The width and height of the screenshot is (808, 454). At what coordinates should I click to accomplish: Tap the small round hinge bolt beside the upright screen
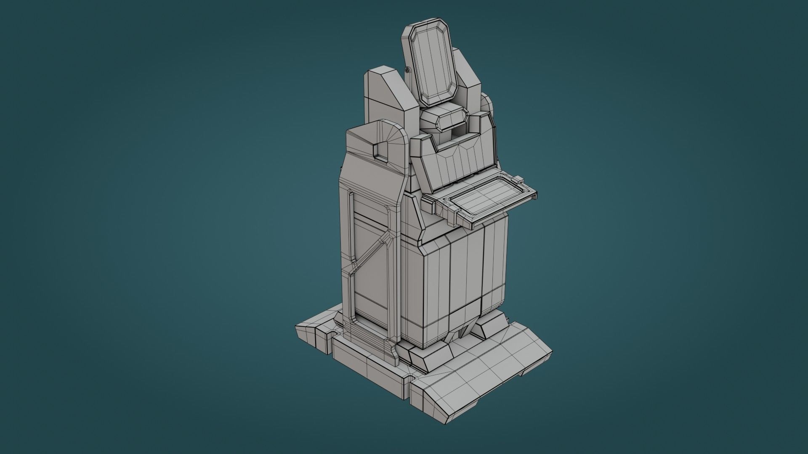[x=407, y=70]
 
